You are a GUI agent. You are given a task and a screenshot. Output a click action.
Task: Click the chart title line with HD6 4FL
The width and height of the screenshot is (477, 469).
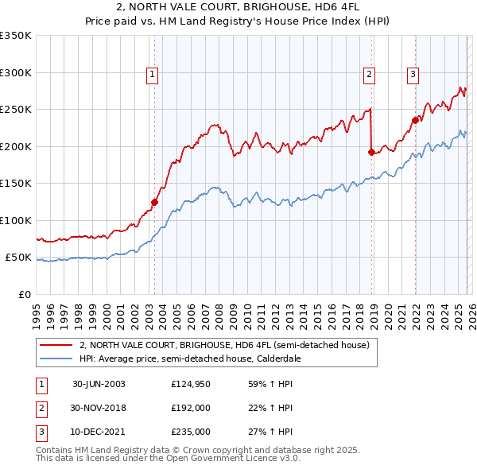point(238,8)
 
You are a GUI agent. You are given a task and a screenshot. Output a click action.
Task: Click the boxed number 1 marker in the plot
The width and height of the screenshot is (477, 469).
point(152,76)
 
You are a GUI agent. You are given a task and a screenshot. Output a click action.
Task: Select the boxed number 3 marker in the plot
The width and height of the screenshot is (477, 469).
point(413,76)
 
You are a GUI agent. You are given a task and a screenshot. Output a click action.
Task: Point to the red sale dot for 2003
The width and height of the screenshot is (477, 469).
point(154,202)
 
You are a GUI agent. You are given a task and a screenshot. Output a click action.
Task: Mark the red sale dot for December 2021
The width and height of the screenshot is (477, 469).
point(415,120)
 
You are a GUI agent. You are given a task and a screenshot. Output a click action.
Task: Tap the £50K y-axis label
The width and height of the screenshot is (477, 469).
point(19,258)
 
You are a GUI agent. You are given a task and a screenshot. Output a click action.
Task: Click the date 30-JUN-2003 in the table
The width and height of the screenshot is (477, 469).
point(99,383)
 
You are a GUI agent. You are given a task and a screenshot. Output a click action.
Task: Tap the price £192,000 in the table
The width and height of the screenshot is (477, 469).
point(191,408)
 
